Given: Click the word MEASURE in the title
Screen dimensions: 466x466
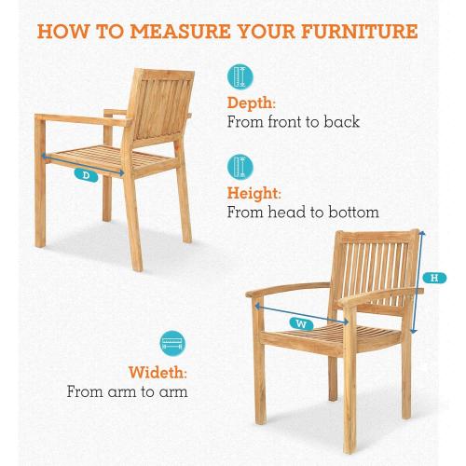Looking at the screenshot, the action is point(181,32).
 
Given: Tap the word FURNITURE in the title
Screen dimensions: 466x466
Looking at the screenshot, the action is point(360,32).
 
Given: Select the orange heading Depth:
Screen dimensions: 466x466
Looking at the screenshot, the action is point(251,103).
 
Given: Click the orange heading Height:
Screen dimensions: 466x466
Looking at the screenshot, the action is point(254,194).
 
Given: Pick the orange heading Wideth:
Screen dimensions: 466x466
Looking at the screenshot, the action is point(158,372).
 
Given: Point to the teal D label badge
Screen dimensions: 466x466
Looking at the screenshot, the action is point(86,175).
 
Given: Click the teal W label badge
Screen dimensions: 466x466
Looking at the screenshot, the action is point(301,324).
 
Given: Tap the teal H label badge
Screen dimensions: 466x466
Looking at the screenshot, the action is point(434,278).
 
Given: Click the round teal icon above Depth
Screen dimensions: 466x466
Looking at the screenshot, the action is point(240,76).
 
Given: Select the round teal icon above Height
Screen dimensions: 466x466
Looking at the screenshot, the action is point(240,167).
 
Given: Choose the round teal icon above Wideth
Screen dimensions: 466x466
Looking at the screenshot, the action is point(172,344).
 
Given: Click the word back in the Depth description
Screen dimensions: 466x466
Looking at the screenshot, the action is point(341,121).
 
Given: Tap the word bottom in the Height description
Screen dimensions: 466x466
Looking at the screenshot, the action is point(353,212).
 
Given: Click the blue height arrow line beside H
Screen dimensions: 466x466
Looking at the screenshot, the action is point(418,281).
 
